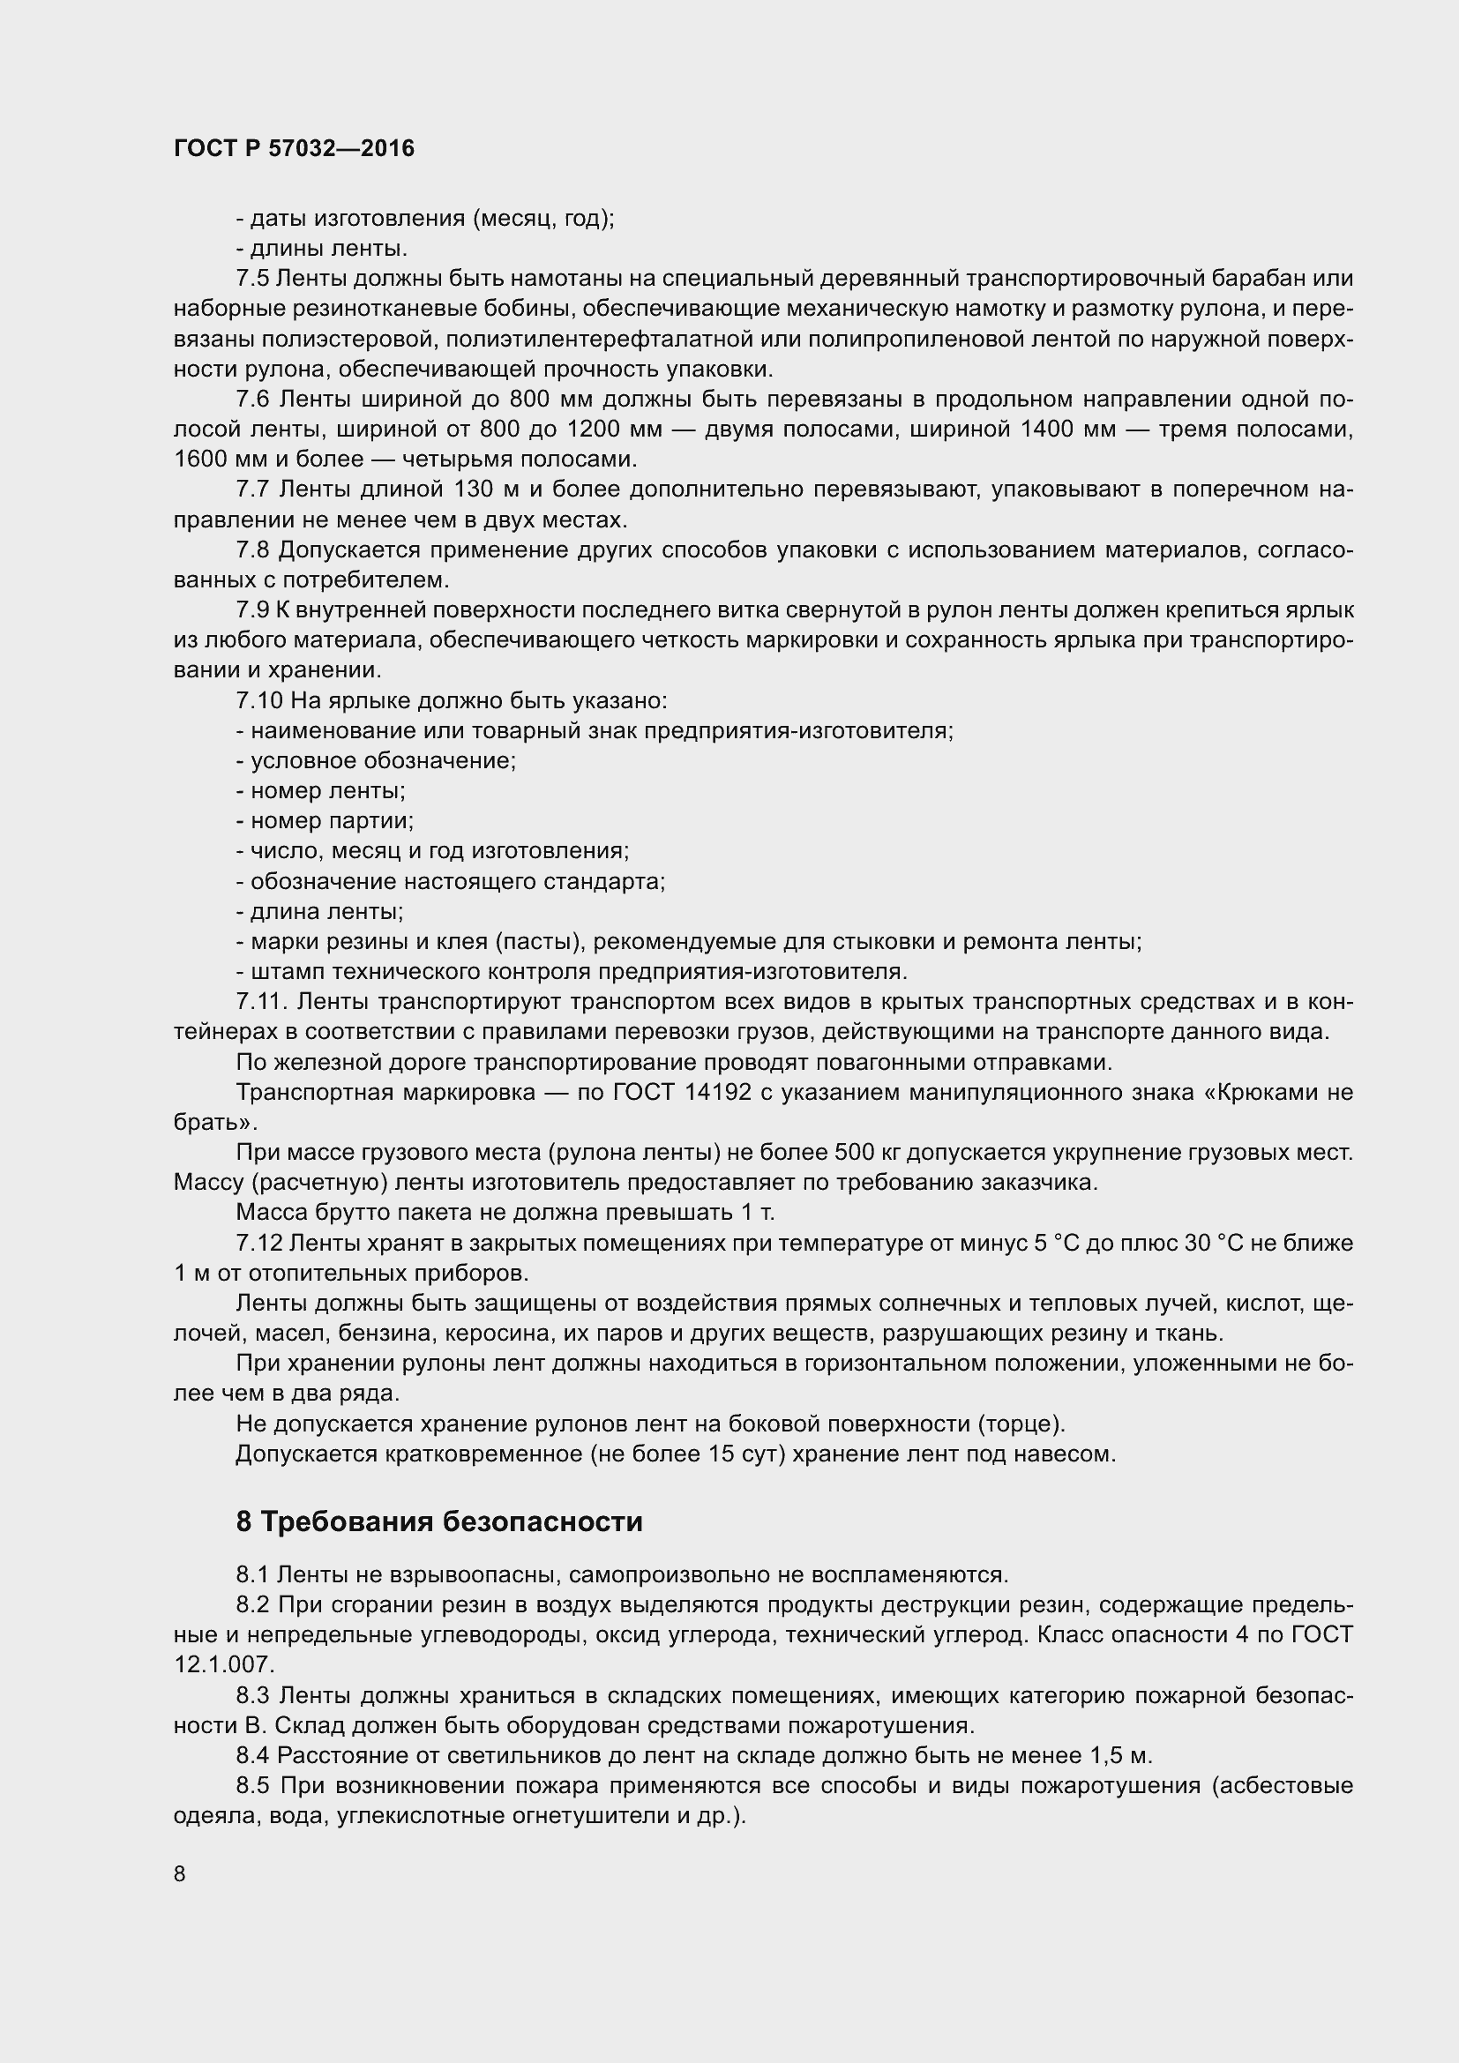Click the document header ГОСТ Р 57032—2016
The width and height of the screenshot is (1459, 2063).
294,149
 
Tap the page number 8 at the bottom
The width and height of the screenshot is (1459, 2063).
180,1873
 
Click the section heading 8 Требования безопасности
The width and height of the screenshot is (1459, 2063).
439,1521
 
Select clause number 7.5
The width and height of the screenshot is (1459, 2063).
252,279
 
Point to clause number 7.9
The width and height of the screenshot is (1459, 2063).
252,610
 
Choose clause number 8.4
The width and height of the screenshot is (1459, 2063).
252,1755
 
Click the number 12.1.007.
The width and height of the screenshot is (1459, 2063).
224,1664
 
